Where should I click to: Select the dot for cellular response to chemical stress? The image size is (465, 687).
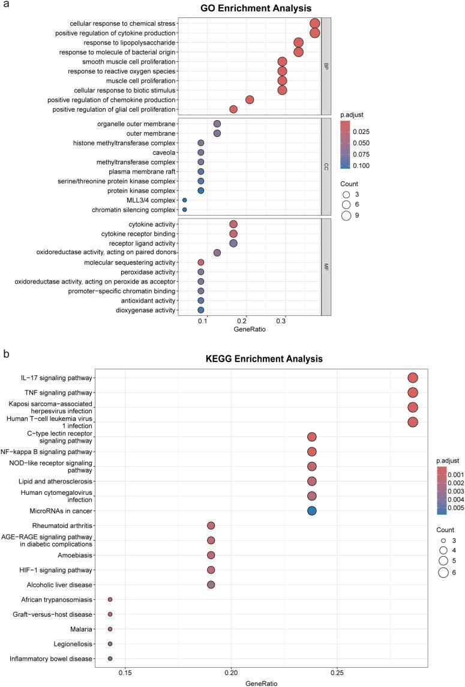pyautogui.click(x=314, y=23)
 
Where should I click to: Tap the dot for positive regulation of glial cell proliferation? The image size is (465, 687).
pyautogui.click(x=233, y=109)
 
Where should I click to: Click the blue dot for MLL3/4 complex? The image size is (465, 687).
pyautogui.click(x=184, y=200)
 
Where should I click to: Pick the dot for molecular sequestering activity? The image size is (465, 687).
pyautogui.click(x=201, y=262)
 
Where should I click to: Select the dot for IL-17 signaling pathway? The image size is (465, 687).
pyautogui.click(x=412, y=377)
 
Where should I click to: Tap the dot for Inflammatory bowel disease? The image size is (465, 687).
pyautogui.click(x=110, y=659)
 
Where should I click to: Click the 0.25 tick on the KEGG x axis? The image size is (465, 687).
pyautogui.click(x=337, y=673)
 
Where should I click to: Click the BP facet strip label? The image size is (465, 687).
pyautogui.click(x=326, y=66)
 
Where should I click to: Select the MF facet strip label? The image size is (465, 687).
pyautogui.click(x=326, y=267)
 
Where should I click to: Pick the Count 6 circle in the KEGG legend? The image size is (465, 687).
pyautogui.click(x=443, y=572)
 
